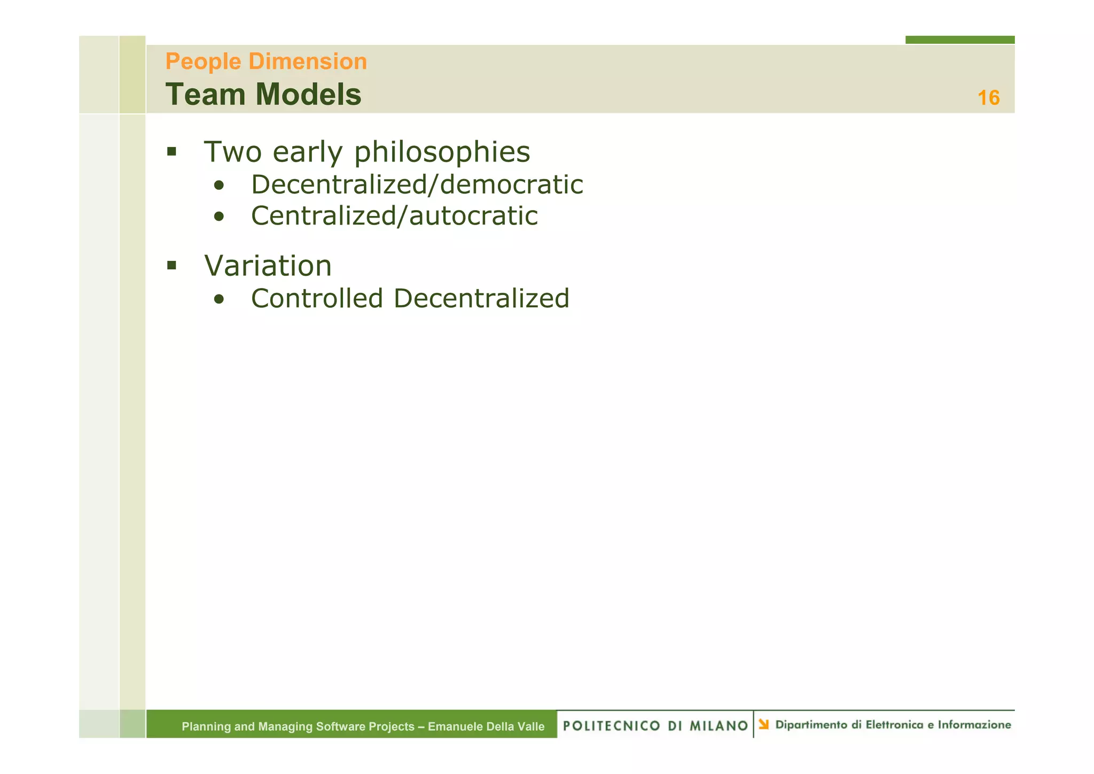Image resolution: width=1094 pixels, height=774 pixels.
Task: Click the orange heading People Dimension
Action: tap(266, 62)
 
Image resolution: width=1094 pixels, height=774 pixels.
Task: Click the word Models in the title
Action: tap(308, 95)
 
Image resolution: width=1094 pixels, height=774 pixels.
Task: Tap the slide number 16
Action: tap(988, 98)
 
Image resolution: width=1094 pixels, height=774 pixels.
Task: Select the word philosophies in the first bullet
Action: tap(442, 152)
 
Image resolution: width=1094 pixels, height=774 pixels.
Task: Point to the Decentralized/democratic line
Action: tap(417, 185)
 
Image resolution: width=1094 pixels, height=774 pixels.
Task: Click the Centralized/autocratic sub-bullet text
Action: tap(394, 216)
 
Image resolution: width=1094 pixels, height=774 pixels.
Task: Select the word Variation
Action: tap(268, 266)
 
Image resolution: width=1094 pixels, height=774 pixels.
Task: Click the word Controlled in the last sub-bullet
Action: tap(317, 299)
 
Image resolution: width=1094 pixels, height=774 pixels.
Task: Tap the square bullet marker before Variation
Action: tap(171, 265)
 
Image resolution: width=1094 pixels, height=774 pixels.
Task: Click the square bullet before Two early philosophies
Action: tap(171, 152)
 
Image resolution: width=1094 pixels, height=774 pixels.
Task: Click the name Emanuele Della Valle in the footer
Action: tap(486, 726)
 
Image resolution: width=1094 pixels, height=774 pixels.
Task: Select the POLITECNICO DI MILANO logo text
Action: tap(655, 726)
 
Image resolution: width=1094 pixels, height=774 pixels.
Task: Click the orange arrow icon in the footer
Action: tap(764, 725)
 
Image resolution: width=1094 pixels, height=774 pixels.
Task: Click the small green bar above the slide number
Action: tap(959, 40)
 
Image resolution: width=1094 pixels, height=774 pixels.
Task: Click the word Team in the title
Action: tap(206, 95)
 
